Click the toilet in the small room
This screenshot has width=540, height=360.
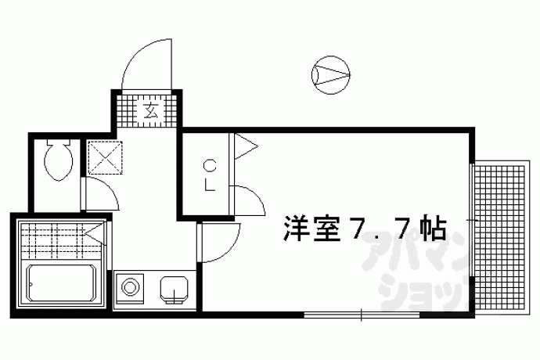[59, 160]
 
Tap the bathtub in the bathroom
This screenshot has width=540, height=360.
[62, 283]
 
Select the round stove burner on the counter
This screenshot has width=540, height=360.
[130, 287]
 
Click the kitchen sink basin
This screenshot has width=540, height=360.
[174, 290]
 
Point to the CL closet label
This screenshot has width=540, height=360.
[210, 176]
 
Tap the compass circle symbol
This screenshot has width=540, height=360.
[331, 75]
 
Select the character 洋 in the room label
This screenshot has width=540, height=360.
[296, 229]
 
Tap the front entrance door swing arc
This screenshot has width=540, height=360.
[146, 64]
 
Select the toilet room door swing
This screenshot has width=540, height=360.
[101, 194]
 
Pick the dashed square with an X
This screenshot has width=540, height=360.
[105, 157]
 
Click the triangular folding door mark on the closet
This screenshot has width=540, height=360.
[246, 146]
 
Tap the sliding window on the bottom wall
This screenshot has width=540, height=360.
[362, 315]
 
